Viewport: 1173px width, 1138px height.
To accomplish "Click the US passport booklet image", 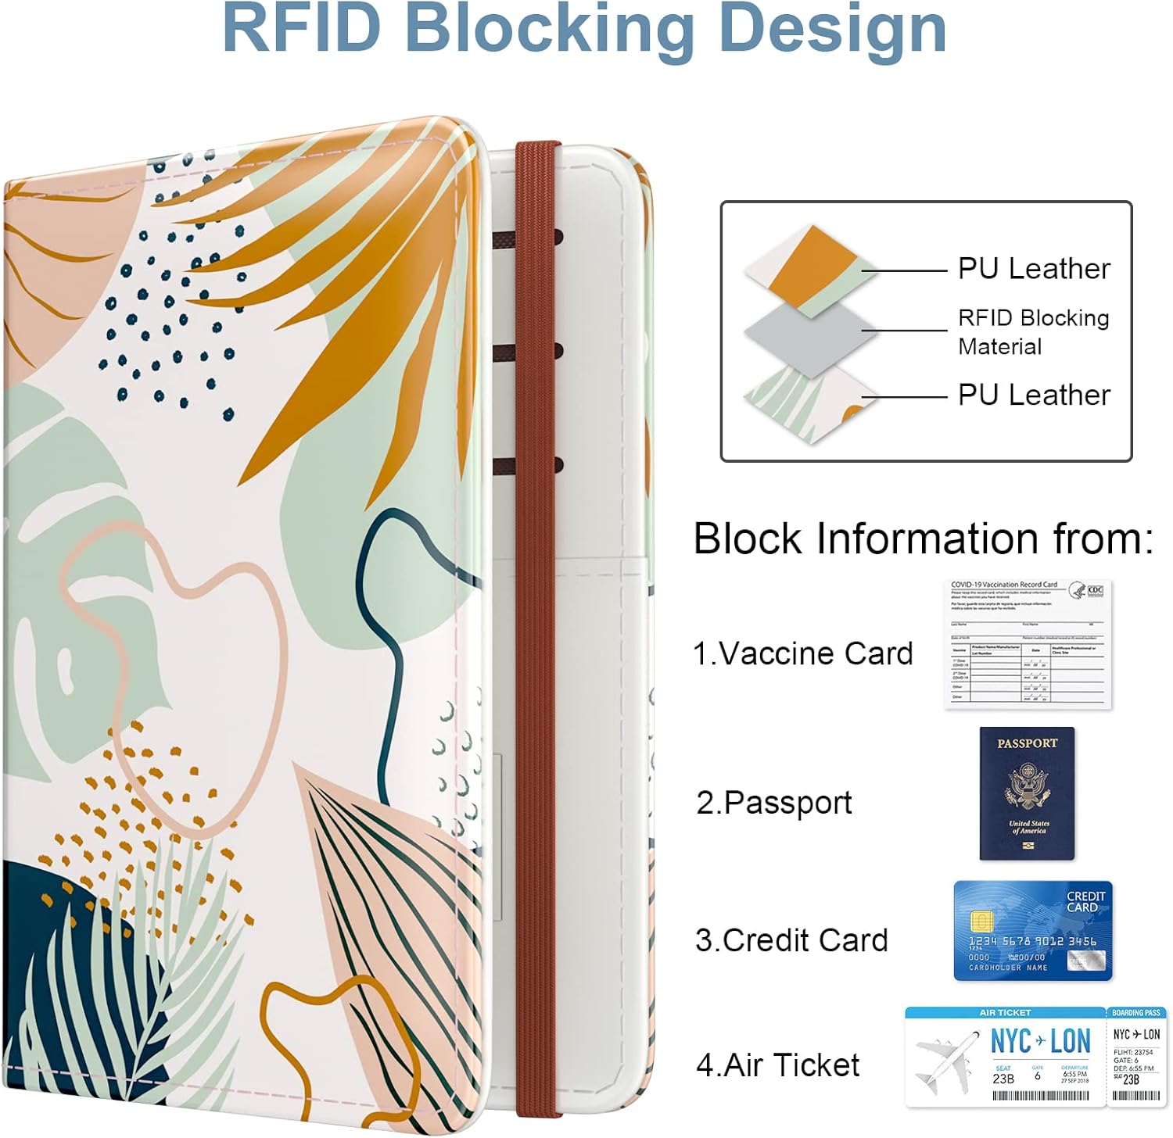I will pyautogui.click(x=1027, y=793).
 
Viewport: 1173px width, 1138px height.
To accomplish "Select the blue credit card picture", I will pyautogui.click(x=1032, y=930).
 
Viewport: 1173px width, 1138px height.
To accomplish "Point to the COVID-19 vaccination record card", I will pyautogui.click(x=1027, y=644).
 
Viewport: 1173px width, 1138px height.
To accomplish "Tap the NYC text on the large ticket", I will pyautogui.click(x=1010, y=1042).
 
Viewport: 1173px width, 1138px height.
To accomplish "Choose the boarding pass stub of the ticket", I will pyautogui.click(x=1136, y=1056).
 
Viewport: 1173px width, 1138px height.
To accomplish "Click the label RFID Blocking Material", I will pyautogui.click(x=1033, y=331).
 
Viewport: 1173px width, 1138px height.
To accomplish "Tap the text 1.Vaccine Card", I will pyautogui.click(x=803, y=653).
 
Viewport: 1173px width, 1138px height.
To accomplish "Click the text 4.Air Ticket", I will pyautogui.click(x=778, y=1065).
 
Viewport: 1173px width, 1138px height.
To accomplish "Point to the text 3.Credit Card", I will pyautogui.click(x=791, y=939).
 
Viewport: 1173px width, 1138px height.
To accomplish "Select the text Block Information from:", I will pyautogui.click(x=923, y=539).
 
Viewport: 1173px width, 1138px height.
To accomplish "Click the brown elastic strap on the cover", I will pyautogui.click(x=536, y=625).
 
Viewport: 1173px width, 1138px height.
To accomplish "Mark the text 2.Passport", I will pyautogui.click(x=774, y=803).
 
